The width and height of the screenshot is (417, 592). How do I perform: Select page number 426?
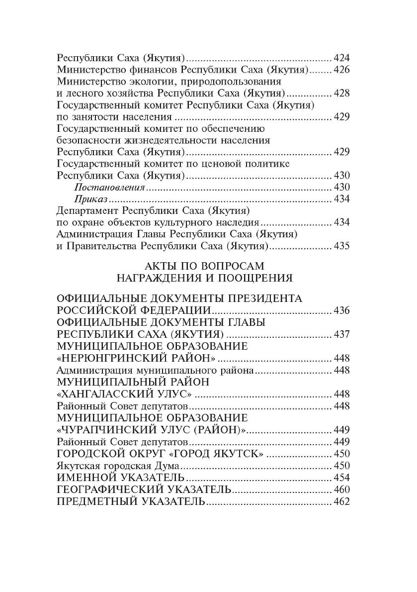point(342,69)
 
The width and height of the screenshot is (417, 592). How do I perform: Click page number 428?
point(342,93)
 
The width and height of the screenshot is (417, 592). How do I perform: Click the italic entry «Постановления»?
point(109,188)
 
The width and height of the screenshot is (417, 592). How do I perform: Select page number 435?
point(342,246)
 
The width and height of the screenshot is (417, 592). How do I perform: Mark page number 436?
point(342,310)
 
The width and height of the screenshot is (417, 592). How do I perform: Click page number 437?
point(342,334)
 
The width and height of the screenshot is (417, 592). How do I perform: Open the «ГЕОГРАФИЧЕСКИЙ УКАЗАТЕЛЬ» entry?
point(144,490)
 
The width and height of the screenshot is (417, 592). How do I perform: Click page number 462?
point(342,501)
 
